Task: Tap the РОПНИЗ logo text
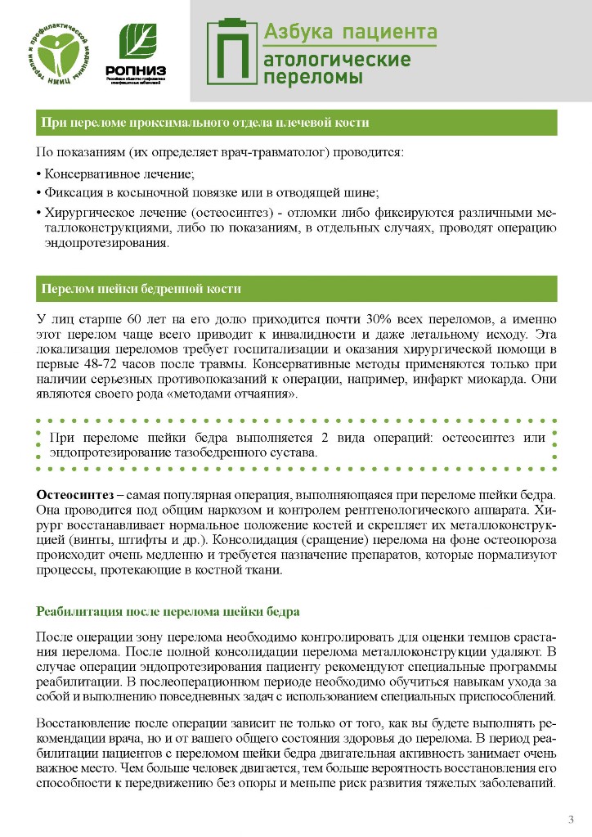pos(136,70)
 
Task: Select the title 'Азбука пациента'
pos(349,32)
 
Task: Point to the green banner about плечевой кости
pos(296,123)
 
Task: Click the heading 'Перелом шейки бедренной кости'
pos(141,290)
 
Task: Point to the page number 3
pos(571,819)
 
